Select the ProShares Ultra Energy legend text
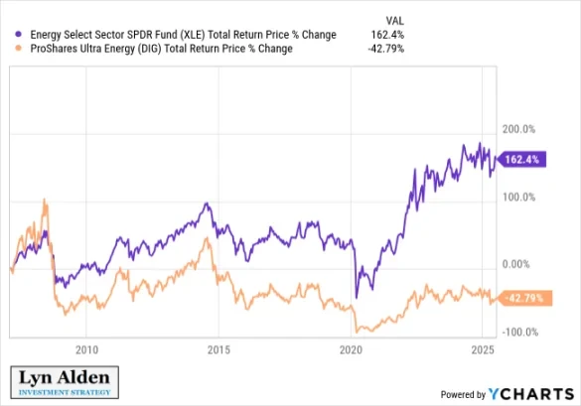coord(158,49)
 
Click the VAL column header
coord(393,19)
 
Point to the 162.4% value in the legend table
coord(387,35)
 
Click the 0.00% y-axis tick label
coord(519,265)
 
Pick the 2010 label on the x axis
coord(87,350)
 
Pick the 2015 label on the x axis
coord(219,350)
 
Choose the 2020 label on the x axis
coord(352,350)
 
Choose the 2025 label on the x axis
coord(483,350)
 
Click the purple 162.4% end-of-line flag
coord(520,158)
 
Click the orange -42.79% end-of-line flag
coord(520,297)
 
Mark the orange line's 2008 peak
coord(45,201)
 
